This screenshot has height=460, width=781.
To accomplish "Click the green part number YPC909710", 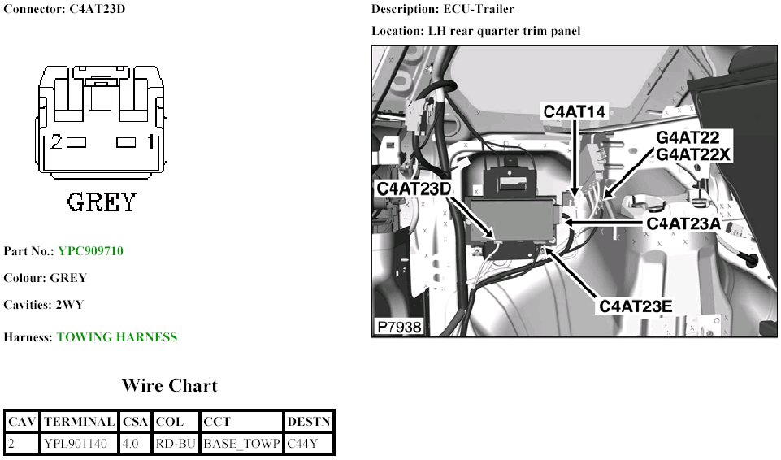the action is pos(91,250).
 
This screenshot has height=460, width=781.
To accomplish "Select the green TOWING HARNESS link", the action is pos(117,337).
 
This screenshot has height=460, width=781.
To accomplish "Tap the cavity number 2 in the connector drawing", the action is pos(56,142).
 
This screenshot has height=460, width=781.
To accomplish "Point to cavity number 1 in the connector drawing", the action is pos(150,142).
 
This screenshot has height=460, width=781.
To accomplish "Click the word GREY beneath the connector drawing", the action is pos(102,202).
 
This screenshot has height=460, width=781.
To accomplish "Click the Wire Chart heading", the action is pos(170,385).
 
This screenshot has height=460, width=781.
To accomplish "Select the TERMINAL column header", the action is pos(79,422).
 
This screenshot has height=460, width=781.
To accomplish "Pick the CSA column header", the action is pos(135,422).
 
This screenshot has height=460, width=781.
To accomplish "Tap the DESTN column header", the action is pos(309,422).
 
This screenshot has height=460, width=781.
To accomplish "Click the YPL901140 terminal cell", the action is pos(76,444).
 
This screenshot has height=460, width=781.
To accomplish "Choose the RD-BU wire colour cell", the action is pos(176,444).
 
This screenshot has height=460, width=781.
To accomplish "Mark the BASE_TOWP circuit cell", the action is pos(241,444).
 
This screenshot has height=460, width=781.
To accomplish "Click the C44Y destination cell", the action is pos(302,444).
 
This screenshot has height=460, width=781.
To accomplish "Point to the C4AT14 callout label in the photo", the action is pos(575,111).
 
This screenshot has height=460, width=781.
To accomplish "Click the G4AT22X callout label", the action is pos(693,155).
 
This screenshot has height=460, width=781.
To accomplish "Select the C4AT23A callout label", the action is pos(683,223).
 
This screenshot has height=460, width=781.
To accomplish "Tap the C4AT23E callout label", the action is pos(636,306).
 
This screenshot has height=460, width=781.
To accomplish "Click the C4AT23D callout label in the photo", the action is pos(414,189).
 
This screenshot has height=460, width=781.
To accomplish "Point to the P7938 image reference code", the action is pos(400,327).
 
